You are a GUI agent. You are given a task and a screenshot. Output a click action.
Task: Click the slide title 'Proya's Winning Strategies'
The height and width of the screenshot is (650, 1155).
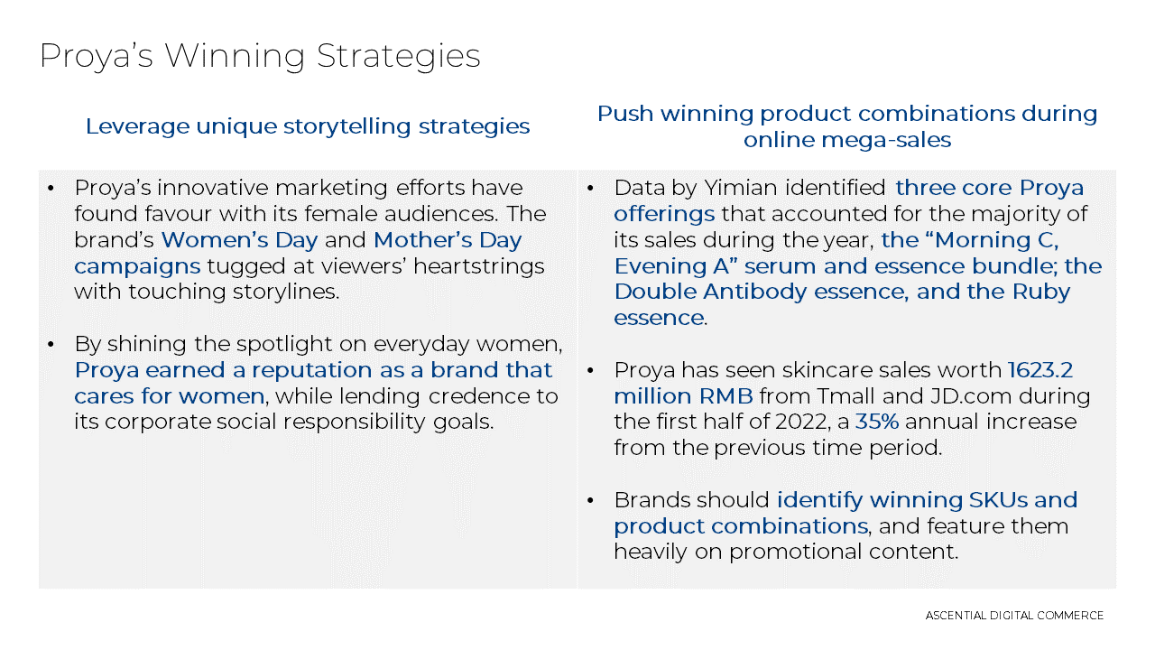click(x=260, y=57)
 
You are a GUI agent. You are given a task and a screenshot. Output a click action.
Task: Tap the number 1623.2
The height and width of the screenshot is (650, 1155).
click(x=1040, y=370)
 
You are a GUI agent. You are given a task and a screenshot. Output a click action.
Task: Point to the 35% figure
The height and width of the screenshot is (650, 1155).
click(x=877, y=422)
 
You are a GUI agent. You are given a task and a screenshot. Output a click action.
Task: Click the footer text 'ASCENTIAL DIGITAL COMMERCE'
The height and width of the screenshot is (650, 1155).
click(x=1014, y=616)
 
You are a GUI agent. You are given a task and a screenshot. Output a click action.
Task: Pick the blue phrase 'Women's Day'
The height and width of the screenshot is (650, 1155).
click(x=239, y=240)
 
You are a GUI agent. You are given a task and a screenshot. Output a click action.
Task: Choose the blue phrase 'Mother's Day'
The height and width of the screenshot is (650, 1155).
click(x=448, y=240)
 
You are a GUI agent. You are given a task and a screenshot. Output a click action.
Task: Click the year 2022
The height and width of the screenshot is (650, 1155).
click(x=802, y=422)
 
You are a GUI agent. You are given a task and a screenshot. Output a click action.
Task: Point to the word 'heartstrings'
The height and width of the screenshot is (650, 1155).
click(x=478, y=266)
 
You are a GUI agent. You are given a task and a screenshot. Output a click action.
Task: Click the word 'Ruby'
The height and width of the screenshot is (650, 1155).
click(x=1041, y=292)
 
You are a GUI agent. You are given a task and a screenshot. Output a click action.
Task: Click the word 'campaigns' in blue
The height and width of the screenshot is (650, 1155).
click(x=137, y=267)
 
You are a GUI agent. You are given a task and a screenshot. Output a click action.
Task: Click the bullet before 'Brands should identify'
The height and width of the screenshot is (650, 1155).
click(x=590, y=500)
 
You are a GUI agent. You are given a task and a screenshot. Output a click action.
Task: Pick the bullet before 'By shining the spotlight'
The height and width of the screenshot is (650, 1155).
click(x=51, y=344)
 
